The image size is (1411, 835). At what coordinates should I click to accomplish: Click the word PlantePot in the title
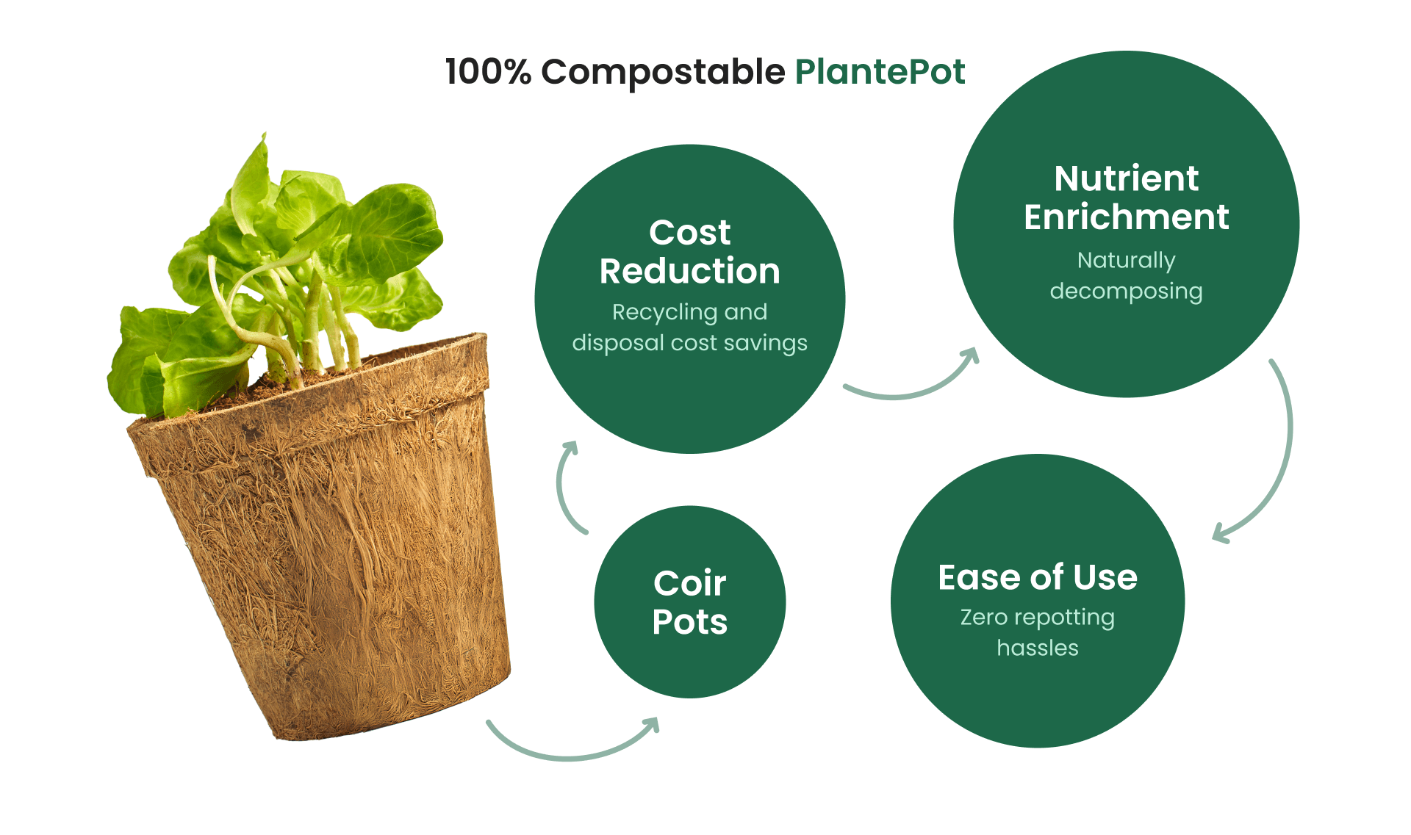point(880,72)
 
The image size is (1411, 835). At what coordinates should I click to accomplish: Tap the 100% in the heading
point(488,72)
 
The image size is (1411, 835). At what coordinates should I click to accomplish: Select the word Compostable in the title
point(664,73)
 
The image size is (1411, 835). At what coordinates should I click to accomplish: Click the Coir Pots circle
point(690,601)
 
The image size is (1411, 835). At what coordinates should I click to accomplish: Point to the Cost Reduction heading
point(689,251)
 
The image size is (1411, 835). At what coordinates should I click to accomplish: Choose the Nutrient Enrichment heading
point(1127,198)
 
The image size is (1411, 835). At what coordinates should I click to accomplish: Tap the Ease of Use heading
point(1038,577)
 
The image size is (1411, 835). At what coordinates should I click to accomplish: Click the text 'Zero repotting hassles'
point(1038,632)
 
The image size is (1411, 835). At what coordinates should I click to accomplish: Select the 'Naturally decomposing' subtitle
point(1127,276)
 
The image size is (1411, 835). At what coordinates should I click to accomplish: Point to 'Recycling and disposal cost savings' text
point(689,328)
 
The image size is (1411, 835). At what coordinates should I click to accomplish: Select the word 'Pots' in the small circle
point(690,622)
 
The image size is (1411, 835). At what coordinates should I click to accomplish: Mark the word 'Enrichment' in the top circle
point(1127,217)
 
